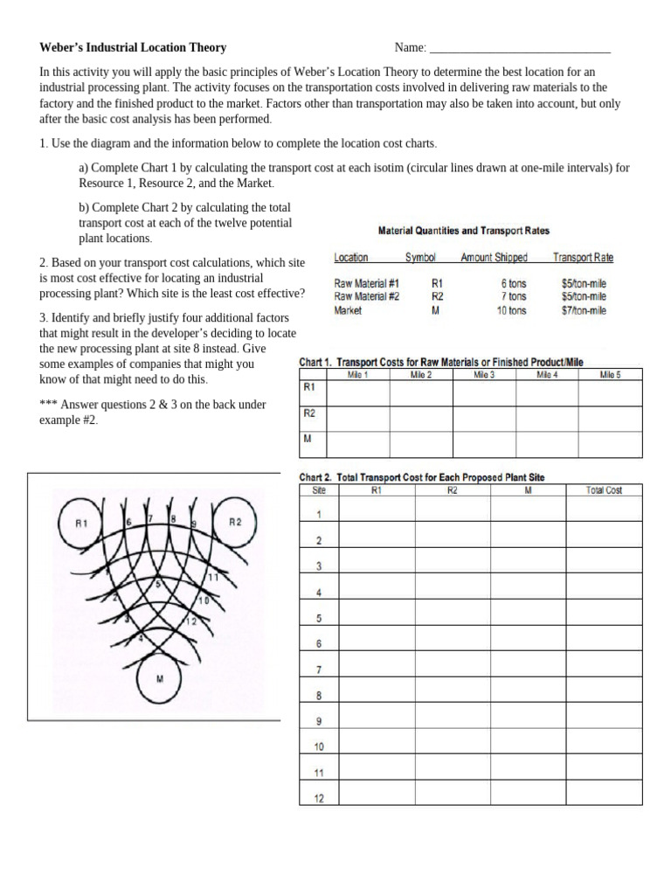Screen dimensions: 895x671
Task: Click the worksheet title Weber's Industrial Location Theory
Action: pyautogui.click(x=133, y=47)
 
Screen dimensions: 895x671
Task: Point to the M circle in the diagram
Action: pyautogui.click(x=160, y=678)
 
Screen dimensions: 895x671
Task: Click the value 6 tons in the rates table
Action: pyautogui.click(x=514, y=283)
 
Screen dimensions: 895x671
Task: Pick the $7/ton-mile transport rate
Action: pyautogui.click(x=584, y=310)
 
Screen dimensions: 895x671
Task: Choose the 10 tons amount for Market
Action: pyautogui.click(x=511, y=310)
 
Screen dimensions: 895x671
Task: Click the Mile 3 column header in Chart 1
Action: pyautogui.click(x=484, y=375)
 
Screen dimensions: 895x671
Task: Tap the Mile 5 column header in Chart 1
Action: pyautogui.click(x=611, y=375)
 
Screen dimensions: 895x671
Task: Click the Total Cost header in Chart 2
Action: pyautogui.click(x=604, y=490)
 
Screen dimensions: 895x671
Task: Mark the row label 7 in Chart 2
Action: pyautogui.click(x=319, y=670)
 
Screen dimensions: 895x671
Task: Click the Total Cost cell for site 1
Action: pyautogui.click(x=604, y=513)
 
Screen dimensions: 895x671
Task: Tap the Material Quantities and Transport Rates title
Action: pyautogui.click(x=463, y=231)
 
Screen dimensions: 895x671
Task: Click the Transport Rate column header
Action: pyautogui.click(x=583, y=258)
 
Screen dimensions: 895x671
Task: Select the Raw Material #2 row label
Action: pyautogui.click(x=367, y=296)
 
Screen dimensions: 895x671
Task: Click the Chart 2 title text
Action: pyautogui.click(x=422, y=477)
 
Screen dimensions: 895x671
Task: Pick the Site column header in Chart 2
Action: pyautogui.click(x=319, y=490)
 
